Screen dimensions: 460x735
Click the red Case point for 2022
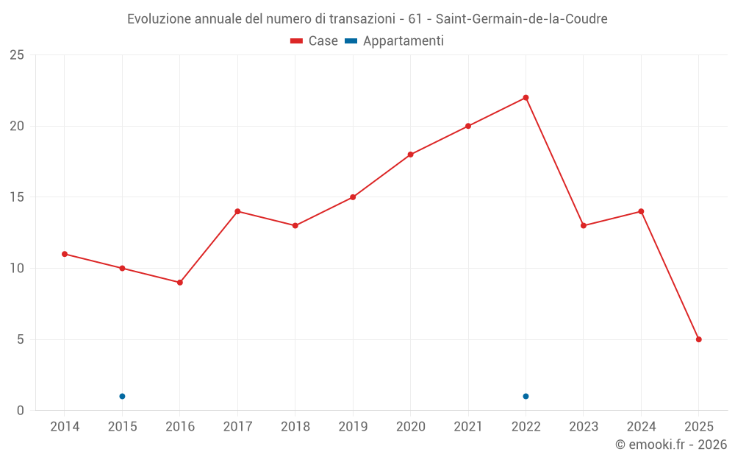click(x=526, y=98)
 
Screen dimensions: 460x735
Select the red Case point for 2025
click(x=698, y=339)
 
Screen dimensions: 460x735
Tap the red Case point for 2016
click(x=179, y=283)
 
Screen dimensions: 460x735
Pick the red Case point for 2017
click(x=237, y=211)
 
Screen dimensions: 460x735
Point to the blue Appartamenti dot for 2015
click(x=122, y=396)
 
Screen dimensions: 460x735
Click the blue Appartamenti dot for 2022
click(x=526, y=396)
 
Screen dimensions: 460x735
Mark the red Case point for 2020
click(x=410, y=155)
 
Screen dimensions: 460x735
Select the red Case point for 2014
click(x=65, y=254)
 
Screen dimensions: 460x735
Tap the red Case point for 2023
click(x=583, y=225)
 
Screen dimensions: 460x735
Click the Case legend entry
click(x=315, y=41)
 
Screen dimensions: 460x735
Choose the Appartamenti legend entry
click(x=395, y=41)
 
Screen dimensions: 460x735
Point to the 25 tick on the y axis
click(x=17, y=55)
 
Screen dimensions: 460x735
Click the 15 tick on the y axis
click(x=17, y=197)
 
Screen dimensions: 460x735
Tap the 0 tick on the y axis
click(x=21, y=411)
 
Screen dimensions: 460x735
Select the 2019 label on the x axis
click(x=353, y=426)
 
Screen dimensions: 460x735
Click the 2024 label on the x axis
click(x=641, y=426)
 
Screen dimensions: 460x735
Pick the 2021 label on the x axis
click(x=468, y=426)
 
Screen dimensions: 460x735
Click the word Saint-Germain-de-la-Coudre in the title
click(x=522, y=18)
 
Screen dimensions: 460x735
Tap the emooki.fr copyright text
click(x=671, y=445)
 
